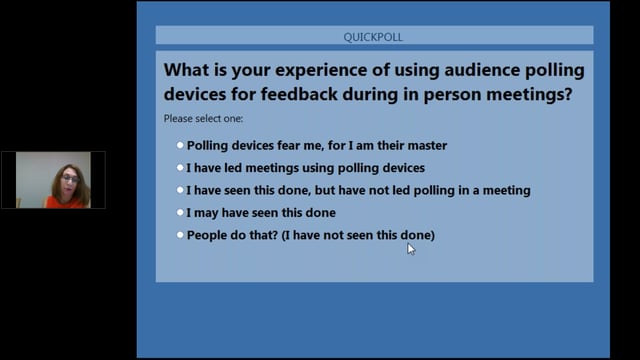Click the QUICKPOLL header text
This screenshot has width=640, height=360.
pos(373,37)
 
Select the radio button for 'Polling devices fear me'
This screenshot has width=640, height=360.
pos(180,145)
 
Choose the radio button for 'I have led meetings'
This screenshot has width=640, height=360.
pos(180,168)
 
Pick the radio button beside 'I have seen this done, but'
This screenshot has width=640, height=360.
pos(180,190)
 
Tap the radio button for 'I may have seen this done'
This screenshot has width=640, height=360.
pos(180,212)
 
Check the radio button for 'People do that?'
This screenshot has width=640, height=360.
pos(180,235)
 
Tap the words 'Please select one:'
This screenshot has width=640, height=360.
pos(197,118)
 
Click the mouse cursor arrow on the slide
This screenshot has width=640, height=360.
pos(410,248)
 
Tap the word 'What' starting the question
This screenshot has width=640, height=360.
pos(188,72)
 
